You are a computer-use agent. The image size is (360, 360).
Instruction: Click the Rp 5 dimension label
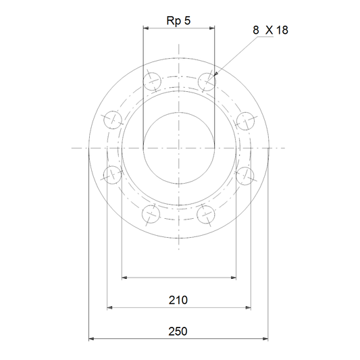tap(178, 21)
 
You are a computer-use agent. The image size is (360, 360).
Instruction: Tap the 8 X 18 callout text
tap(270, 30)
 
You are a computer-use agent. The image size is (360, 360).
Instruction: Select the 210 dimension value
tap(178, 300)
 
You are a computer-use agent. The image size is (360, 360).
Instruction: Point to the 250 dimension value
tap(178, 332)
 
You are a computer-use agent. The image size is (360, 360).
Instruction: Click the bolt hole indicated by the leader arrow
tap(207, 82)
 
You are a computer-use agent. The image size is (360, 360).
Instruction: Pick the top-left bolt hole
tap(152, 82)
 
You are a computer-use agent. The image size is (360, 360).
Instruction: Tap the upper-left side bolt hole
tap(113, 120)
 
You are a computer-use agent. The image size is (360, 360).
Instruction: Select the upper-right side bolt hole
tap(245, 121)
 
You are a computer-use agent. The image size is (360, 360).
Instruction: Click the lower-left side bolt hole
tap(112, 175)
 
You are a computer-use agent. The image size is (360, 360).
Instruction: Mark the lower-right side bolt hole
tap(245, 176)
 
